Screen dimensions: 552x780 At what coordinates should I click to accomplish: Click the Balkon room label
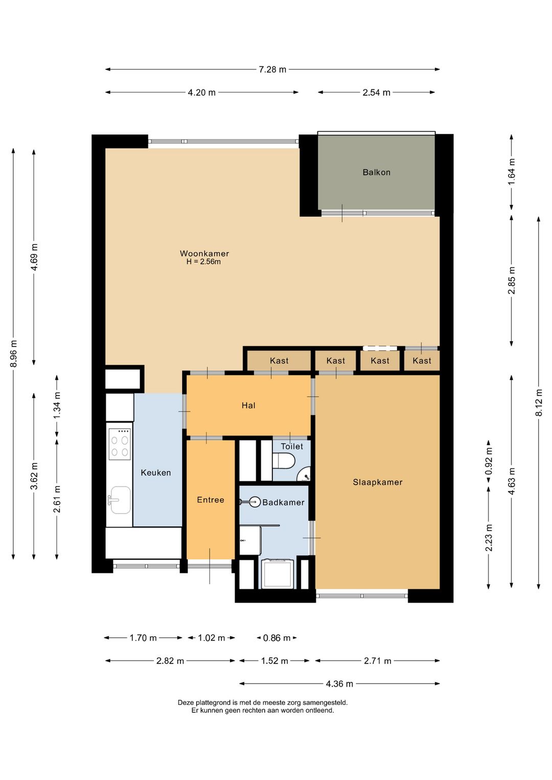[376, 172]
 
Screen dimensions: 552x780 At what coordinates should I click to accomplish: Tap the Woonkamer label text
[204, 253]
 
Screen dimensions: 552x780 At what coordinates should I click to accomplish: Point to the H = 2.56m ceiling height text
[203, 262]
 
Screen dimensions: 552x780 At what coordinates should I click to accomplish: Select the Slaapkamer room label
[378, 482]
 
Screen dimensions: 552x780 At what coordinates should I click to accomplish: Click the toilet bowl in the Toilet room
[284, 462]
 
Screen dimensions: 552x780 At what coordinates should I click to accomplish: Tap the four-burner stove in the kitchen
[120, 444]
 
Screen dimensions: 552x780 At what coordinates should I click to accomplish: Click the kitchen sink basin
[121, 500]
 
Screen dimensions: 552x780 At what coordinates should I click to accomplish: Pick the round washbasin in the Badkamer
[255, 502]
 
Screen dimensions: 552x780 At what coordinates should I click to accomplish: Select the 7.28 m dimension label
[272, 70]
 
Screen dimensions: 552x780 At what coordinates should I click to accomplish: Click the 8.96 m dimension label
[14, 353]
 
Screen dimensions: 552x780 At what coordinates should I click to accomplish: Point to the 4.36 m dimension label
[339, 684]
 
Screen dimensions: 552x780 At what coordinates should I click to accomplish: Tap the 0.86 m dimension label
[277, 638]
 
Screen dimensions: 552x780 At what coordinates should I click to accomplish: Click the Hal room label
[248, 405]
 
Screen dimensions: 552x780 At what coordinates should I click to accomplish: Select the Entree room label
[211, 500]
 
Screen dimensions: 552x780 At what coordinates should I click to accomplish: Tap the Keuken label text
[156, 472]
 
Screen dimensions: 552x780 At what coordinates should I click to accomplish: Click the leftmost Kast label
[279, 360]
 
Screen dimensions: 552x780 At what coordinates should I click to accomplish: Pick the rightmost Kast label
[422, 360]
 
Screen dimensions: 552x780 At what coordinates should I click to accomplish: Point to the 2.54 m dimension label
[376, 93]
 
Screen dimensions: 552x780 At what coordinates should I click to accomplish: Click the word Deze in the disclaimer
[186, 703]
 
